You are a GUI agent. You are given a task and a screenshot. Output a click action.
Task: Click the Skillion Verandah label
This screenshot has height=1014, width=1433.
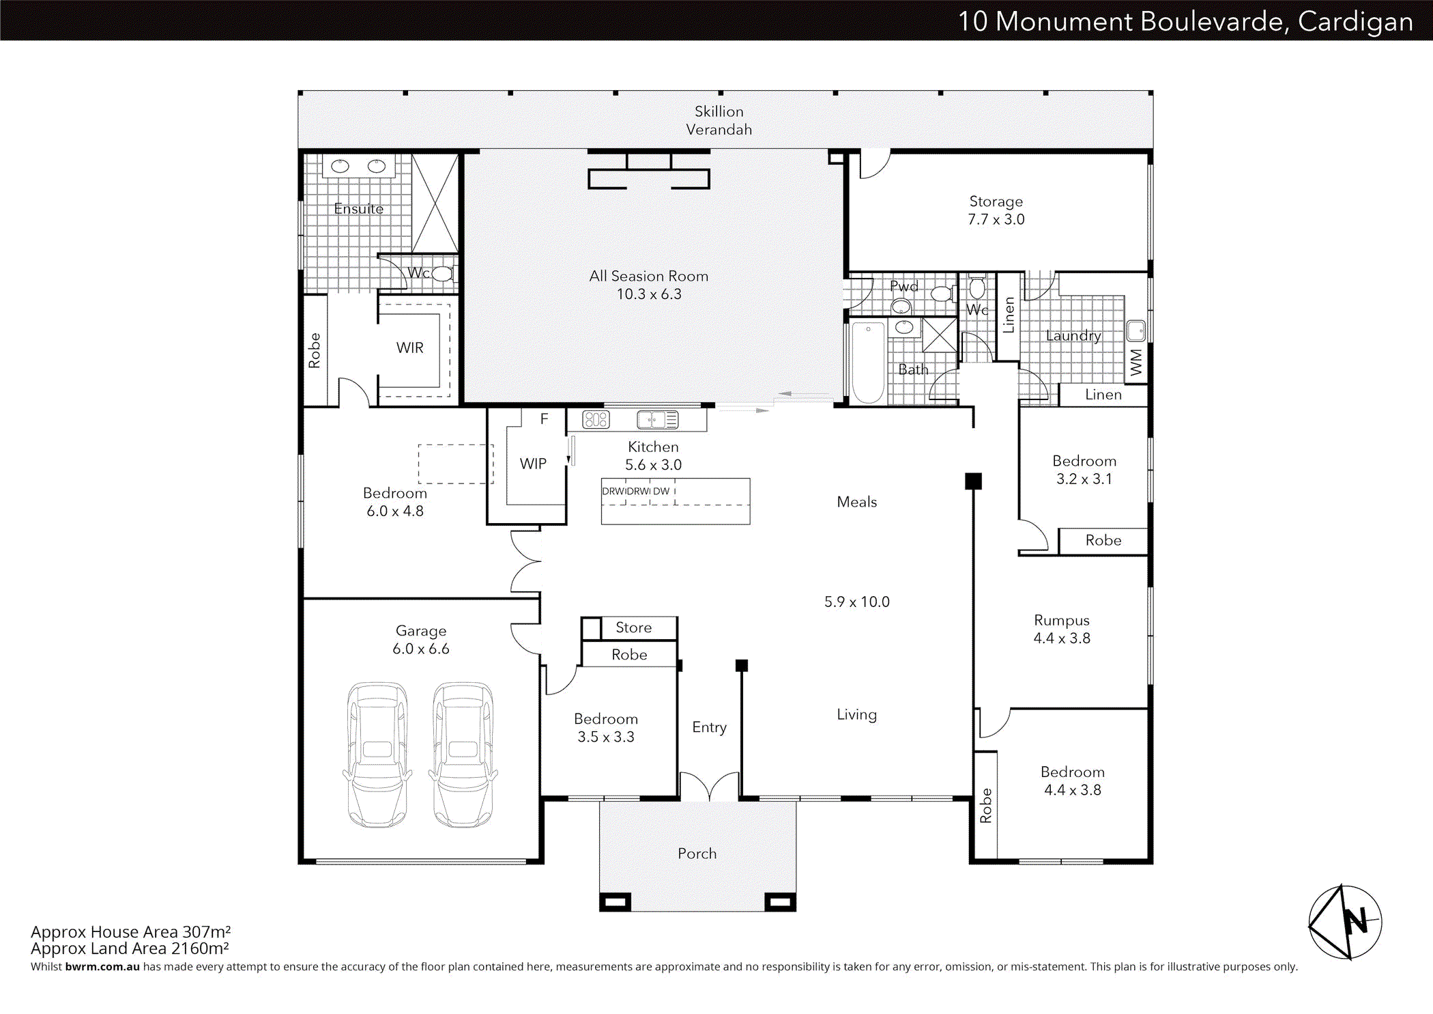(x=719, y=120)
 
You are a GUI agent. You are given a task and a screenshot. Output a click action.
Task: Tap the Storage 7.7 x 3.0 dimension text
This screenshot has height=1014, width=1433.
(x=996, y=219)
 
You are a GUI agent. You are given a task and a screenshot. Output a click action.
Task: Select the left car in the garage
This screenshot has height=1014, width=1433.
(x=377, y=755)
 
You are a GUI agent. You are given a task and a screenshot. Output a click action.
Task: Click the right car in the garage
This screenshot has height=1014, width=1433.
(x=463, y=755)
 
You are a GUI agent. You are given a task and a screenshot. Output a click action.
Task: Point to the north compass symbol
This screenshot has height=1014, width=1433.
(x=1345, y=923)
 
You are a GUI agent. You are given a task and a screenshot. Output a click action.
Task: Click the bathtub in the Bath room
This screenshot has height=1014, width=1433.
(x=868, y=363)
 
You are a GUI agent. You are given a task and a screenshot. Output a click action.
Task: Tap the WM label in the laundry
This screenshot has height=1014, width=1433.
(x=1135, y=362)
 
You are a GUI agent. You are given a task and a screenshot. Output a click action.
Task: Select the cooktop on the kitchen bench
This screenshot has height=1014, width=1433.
(x=596, y=419)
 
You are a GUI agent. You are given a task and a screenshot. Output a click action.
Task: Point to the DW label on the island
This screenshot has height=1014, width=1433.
(x=661, y=491)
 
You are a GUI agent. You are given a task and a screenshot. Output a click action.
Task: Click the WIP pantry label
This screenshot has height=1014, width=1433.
(x=533, y=464)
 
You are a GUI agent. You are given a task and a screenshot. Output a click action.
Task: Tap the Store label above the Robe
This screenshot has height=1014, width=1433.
(x=633, y=628)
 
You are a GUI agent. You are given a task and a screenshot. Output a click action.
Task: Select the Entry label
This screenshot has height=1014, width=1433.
(x=709, y=727)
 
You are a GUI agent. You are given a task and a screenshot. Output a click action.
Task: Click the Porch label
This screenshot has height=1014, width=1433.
(x=697, y=854)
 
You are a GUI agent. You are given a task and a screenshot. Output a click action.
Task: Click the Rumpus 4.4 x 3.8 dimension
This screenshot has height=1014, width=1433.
(x=1061, y=638)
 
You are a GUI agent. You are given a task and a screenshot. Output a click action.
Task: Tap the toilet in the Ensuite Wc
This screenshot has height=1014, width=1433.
(x=443, y=274)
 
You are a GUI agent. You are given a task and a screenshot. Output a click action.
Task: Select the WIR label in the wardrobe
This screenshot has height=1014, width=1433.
(x=409, y=348)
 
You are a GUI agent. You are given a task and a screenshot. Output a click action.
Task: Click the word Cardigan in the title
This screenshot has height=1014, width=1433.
(x=1355, y=22)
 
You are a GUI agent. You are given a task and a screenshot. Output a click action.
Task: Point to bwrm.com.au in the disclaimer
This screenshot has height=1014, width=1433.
(x=102, y=967)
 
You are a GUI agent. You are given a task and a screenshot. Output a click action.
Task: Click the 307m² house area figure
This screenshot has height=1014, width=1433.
(x=206, y=932)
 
